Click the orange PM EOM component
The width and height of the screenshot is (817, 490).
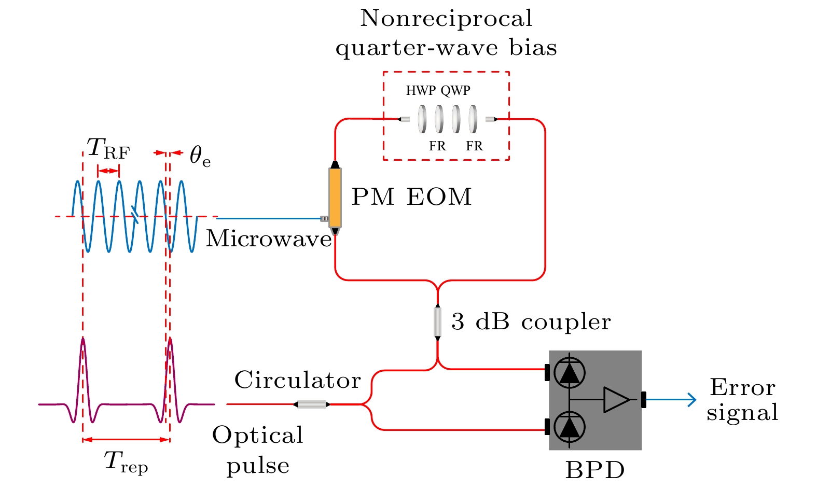point(335,198)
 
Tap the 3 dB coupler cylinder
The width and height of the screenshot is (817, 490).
point(438,322)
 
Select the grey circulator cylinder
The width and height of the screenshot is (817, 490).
point(312,404)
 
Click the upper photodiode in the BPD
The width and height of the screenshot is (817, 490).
point(570,372)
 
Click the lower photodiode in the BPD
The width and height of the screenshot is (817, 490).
point(570,427)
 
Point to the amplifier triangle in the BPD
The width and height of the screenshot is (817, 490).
point(616,400)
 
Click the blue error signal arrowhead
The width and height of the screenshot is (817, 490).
point(692,400)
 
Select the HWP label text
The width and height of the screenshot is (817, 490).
point(421,91)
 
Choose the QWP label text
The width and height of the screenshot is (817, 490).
point(455,91)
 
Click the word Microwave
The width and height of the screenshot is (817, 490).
point(269,239)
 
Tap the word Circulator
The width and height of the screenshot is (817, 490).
point(297,380)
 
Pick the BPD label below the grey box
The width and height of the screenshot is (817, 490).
point(595,470)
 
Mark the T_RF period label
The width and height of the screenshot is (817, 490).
point(108,148)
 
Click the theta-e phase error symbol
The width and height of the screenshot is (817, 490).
point(200,156)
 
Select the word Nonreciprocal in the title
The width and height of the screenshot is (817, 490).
point(446,19)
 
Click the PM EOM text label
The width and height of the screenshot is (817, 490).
point(411,197)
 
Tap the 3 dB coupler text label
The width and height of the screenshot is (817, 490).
point(531,322)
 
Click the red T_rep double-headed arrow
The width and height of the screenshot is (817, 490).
point(126,440)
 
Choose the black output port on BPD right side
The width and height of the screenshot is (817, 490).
point(644,400)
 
